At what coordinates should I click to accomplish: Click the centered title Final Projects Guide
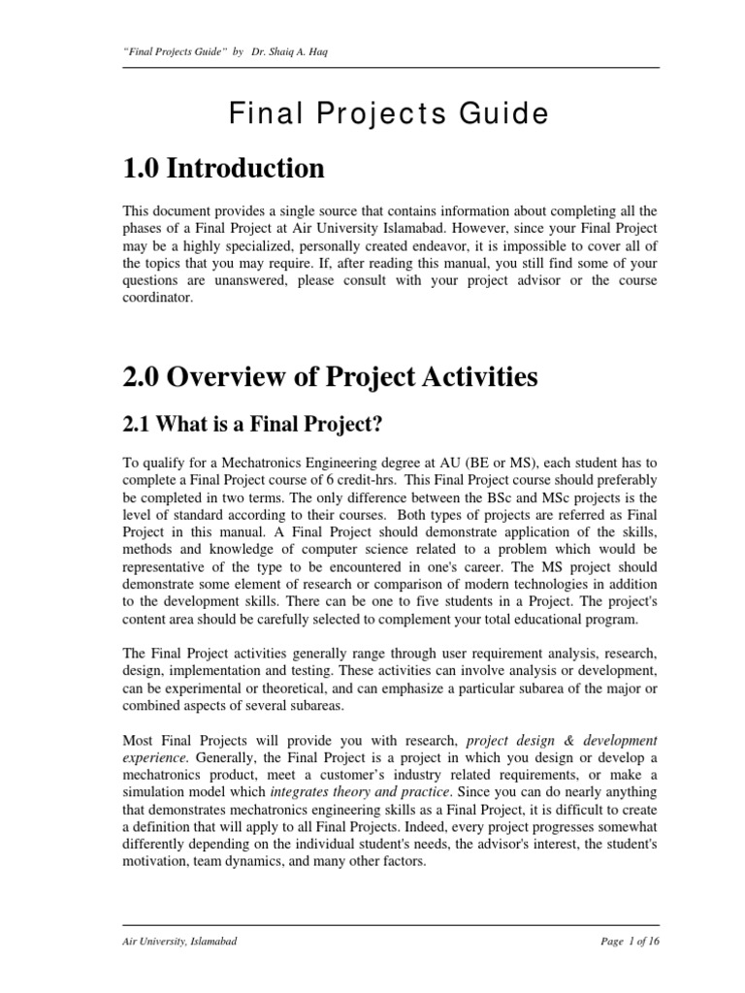pos(388,114)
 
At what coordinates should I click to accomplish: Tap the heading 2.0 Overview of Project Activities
pos(330,376)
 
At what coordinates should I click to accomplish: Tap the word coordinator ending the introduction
pos(158,299)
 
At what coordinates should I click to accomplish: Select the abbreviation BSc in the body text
pos(516,497)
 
